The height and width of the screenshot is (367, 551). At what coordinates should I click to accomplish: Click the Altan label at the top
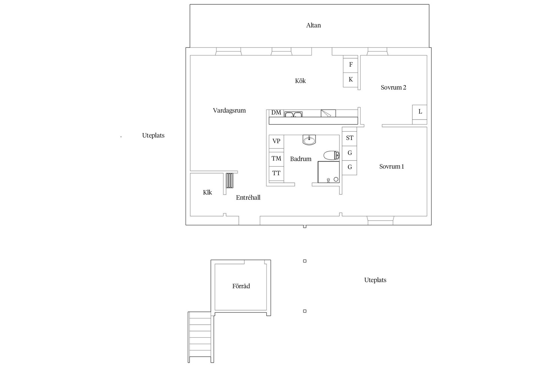pos(313,25)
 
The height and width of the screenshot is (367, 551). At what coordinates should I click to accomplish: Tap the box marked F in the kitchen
pos(350,65)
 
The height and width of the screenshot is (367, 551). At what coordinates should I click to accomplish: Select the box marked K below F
pos(350,79)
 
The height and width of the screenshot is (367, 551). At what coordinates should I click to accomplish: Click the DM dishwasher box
pos(276,113)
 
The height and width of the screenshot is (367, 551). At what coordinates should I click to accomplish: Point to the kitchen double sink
pos(293,114)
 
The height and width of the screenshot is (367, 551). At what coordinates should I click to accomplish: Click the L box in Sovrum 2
pos(420,112)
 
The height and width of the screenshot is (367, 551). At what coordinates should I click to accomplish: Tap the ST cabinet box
pos(350,138)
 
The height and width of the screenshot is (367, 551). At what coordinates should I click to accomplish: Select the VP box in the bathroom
pos(276,141)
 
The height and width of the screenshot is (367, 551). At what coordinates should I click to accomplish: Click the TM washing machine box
pos(276,158)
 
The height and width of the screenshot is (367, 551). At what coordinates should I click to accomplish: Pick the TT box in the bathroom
pos(276,173)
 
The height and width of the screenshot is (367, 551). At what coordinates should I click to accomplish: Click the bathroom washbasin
pos(309,140)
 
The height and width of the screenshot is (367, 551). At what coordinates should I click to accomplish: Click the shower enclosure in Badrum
pos(329,172)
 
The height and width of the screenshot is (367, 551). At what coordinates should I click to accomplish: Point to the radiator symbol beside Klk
pos(229,180)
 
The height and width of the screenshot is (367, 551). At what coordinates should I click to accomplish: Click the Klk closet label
pos(207,192)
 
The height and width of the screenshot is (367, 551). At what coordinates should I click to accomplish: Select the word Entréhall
pos(248,198)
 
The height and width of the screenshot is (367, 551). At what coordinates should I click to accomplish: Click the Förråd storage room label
pos(241,286)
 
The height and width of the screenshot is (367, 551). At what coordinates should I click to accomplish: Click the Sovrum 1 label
pos(391,167)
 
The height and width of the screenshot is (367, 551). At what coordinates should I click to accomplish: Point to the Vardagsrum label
pos(229,110)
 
